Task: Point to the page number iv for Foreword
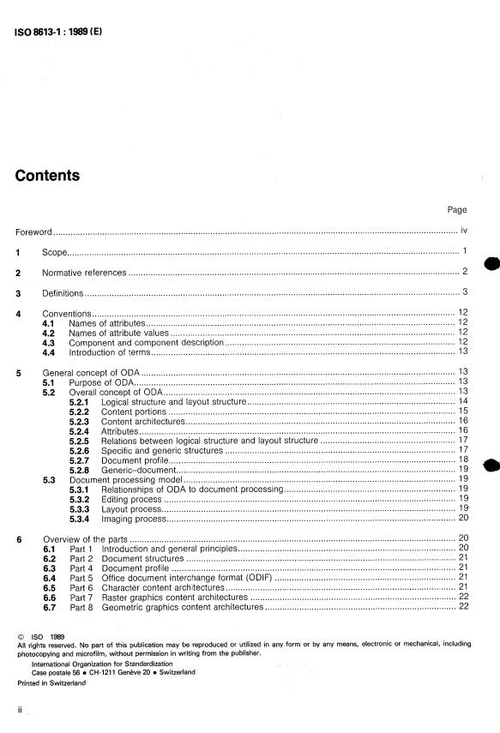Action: (463, 231)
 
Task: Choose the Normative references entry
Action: (85, 273)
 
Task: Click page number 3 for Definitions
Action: (464, 293)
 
